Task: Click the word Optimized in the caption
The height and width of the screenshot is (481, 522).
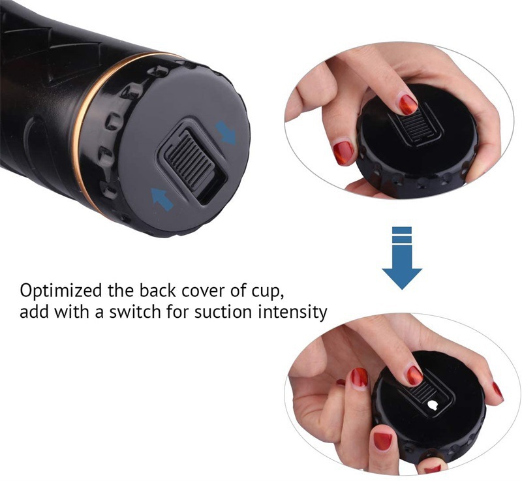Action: point(61,291)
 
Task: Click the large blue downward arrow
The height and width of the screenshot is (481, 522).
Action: point(402,258)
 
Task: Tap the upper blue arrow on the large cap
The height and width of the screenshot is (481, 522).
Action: point(226,132)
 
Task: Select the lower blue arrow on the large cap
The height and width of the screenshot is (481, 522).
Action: point(162,198)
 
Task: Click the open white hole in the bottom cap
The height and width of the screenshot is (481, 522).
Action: point(433,405)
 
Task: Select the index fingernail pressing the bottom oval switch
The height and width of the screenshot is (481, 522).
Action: point(415,375)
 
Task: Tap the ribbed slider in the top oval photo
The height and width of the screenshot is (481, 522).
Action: point(415,127)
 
